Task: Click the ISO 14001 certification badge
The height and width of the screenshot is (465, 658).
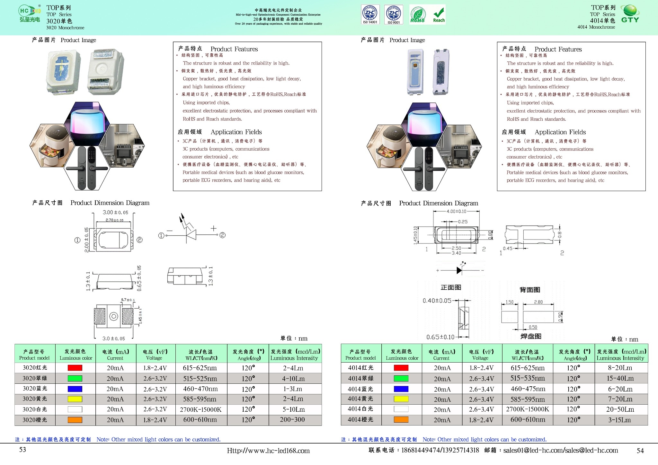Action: [370, 14]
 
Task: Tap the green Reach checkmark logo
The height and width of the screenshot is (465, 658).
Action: [439, 14]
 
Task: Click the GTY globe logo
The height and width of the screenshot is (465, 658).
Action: [630, 14]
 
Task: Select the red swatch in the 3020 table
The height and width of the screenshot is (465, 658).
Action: [75, 368]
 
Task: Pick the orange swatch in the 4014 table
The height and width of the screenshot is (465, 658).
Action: [401, 420]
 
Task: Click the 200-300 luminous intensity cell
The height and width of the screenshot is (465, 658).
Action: [292, 420]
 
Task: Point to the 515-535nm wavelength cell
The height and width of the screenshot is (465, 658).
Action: [528, 378]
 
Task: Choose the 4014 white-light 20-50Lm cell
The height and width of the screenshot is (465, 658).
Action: [620, 409]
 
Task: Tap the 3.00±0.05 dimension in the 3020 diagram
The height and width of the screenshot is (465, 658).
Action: [115, 212]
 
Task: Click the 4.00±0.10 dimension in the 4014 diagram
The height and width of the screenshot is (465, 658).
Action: [456, 211]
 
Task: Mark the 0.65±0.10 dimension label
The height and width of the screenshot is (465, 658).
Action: [440, 337]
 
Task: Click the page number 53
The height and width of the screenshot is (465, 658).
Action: [22, 450]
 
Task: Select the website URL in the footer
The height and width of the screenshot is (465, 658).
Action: [268, 451]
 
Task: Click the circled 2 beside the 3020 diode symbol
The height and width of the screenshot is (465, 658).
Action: [222, 235]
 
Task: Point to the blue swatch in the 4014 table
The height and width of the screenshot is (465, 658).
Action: [401, 389]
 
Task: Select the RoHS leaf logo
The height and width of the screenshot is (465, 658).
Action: [418, 14]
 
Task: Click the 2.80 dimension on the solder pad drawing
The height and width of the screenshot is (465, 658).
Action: [538, 302]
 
